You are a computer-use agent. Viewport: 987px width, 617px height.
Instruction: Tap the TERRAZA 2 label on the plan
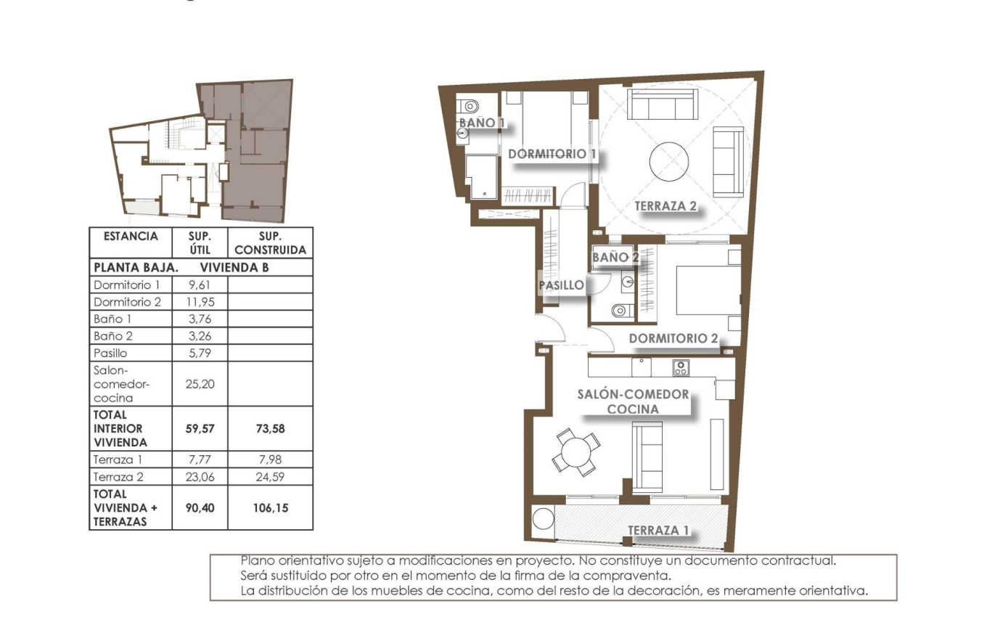click(x=665, y=206)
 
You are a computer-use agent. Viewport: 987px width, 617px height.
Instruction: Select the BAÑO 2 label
click(x=615, y=257)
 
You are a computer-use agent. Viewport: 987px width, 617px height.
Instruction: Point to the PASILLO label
click(x=561, y=285)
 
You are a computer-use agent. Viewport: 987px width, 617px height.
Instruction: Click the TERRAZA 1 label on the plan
click(x=658, y=531)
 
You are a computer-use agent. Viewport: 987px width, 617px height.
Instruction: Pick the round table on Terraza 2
click(x=668, y=162)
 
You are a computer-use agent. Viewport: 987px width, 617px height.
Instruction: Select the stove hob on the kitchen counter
click(x=681, y=367)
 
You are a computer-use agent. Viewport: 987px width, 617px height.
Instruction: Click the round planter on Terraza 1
click(x=543, y=520)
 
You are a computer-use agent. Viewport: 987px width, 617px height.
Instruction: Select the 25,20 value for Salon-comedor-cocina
click(x=200, y=383)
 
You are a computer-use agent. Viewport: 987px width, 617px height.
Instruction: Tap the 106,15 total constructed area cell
click(x=270, y=508)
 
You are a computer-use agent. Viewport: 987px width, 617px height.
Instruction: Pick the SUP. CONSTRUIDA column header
click(x=270, y=243)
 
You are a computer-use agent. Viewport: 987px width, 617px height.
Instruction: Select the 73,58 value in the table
click(x=270, y=428)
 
